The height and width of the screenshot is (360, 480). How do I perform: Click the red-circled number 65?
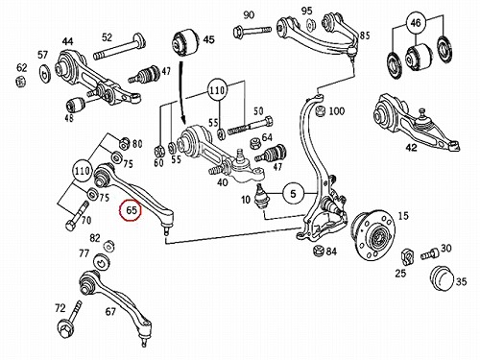coord(130,210)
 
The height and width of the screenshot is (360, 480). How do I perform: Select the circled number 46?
coord(416,23)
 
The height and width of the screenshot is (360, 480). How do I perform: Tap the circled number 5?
coord(293,194)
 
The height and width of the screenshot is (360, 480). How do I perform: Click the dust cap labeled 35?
coord(443,278)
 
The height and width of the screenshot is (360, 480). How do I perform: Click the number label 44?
coord(67,41)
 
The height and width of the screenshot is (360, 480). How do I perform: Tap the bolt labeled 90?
coord(252,31)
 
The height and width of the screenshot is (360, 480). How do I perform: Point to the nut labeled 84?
coord(319,251)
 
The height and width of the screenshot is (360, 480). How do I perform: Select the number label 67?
coord(110,311)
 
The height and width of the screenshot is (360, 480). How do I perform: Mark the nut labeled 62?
coord(20,82)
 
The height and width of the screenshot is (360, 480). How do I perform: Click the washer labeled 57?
coord(45,73)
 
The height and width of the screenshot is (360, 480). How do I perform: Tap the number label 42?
coord(411,148)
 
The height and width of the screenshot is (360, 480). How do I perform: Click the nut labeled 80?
coord(124,143)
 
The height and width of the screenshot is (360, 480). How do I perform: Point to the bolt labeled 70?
coord(77,215)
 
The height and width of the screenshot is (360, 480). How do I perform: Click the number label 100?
coord(337,111)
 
